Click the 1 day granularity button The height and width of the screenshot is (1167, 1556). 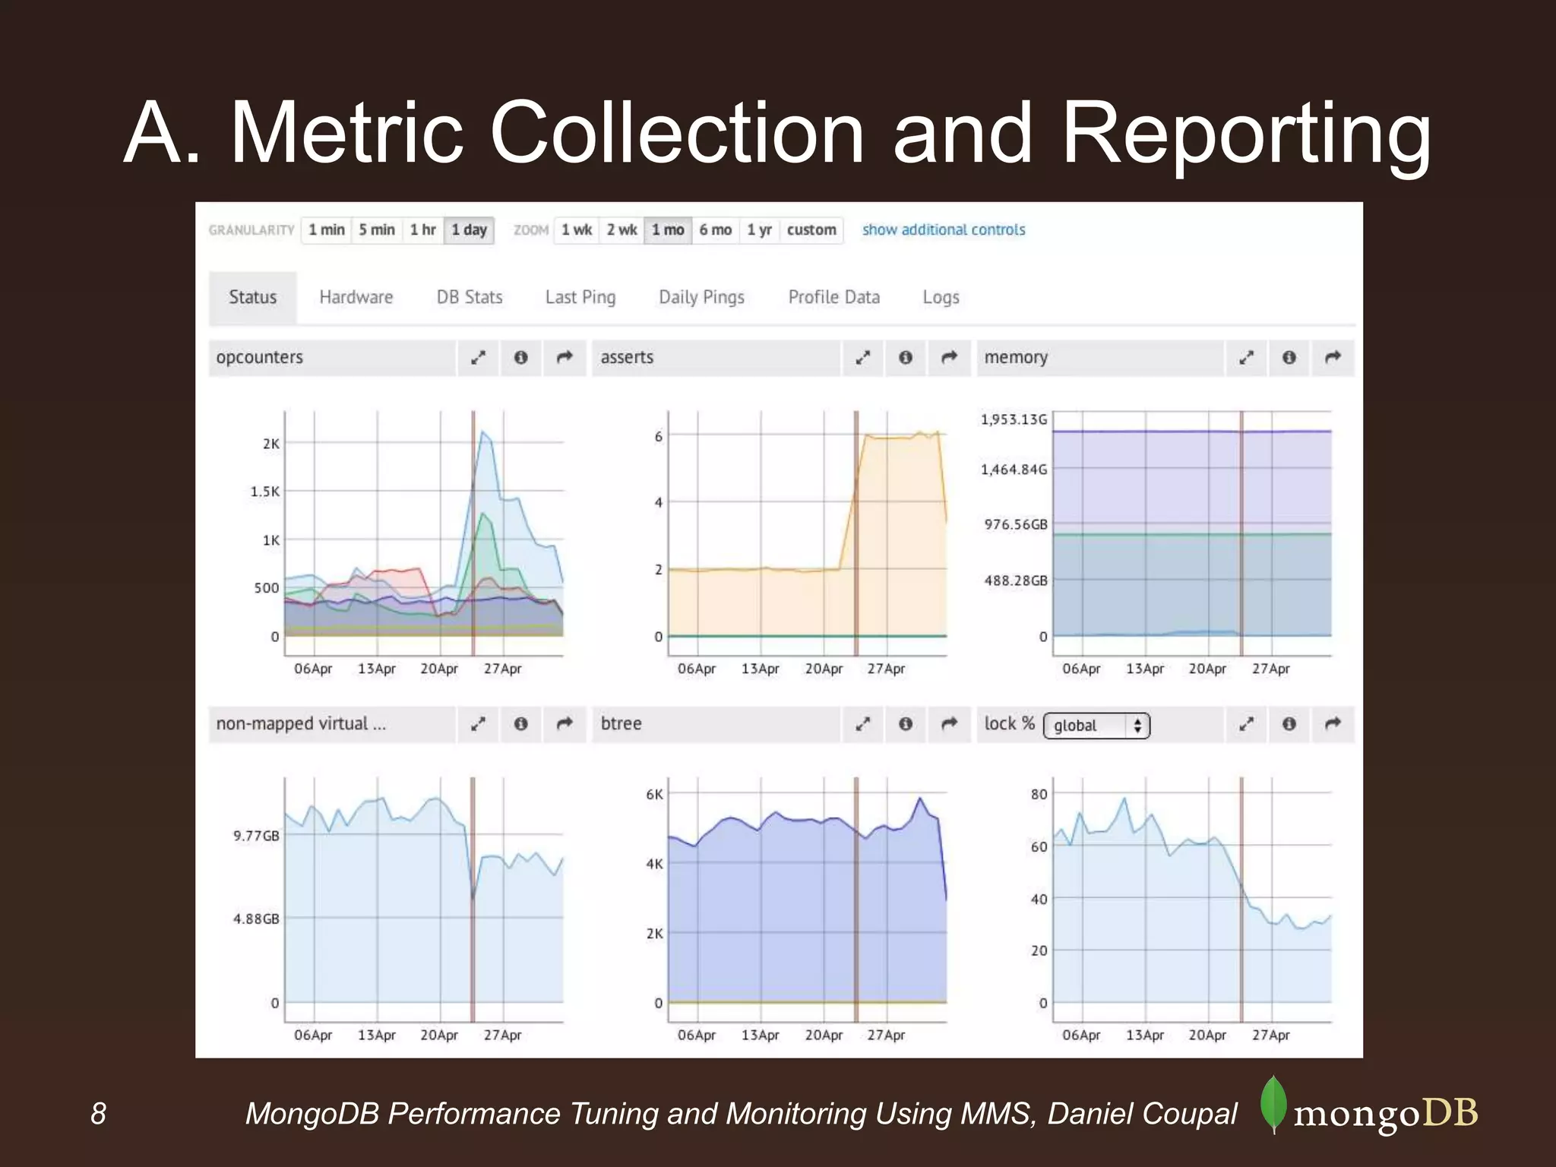click(469, 230)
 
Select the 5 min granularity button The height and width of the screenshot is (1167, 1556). click(377, 230)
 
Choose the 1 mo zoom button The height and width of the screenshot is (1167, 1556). click(668, 230)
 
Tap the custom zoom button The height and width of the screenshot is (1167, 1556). click(811, 230)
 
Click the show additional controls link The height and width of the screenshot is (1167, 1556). click(944, 230)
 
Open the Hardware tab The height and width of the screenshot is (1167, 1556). click(356, 297)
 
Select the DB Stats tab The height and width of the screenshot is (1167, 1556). click(470, 297)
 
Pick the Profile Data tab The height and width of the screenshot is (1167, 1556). click(833, 297)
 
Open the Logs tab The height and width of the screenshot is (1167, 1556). click(941, 297)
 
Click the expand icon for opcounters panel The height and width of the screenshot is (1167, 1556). click(478, 358)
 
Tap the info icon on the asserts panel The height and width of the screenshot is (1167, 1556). click(906, 358)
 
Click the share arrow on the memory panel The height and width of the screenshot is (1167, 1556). click(1333, 358)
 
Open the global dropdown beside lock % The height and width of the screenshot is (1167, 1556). click(1096, 726)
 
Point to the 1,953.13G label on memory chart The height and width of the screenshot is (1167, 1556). click(1014, 420)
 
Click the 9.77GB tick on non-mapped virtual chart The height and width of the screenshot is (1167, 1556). click(257, 837)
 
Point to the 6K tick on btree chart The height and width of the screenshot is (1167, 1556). click(654, 795)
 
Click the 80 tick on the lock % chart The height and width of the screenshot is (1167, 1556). click(1039, 795)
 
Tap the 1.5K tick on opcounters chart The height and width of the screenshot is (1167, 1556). click(265, 492)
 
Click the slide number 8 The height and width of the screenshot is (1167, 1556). click(99, 1114)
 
